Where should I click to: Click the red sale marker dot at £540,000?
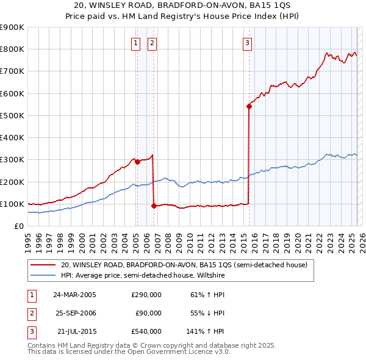pyautogui.click(x=249, y=106)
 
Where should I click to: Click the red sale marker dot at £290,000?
pyautogui.click(x=137, y=162)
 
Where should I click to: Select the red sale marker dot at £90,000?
pyautogui.click(x=154, y=206)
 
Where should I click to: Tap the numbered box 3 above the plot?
pyautogui.click(x=247, y=43)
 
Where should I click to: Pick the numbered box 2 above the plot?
pyautogui.click(x=151, y=43)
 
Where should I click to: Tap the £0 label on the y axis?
pyautogui.click(x=18, y=226)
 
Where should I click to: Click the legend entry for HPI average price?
pyautogui.click(x=143, y=276)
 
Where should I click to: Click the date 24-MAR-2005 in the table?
pyautogui.click(x=74, y=295)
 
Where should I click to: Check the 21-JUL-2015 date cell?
pyautogui.click(x=75, y=331)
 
